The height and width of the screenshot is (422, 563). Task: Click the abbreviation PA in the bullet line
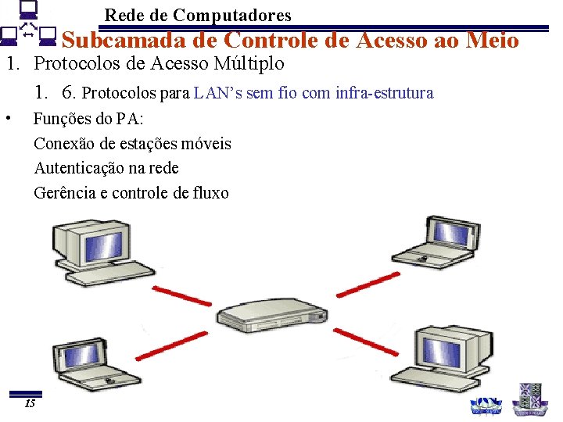point(127,120)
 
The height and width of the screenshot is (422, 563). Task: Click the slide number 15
point(30,404)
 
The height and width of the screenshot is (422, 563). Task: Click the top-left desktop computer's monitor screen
point(91,239)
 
